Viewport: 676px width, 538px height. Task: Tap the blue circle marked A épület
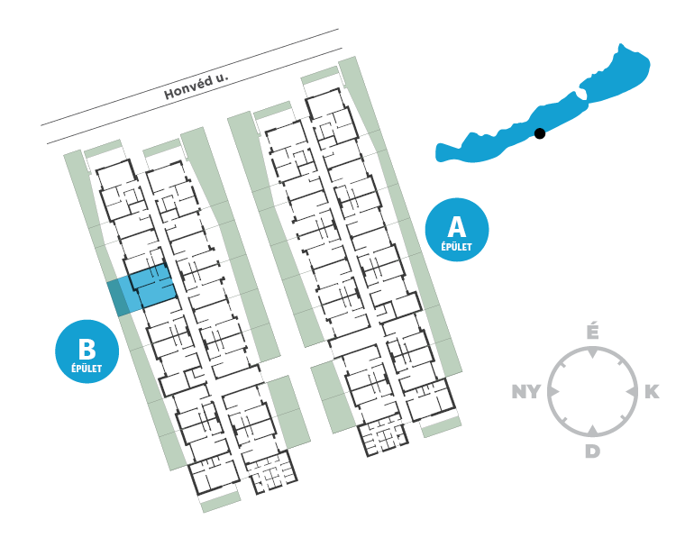click(456, 229)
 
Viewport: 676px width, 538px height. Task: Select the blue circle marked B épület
click(87, 351)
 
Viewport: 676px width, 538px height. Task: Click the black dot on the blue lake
click(540, 133)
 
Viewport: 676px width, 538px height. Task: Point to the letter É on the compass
click(592, 332)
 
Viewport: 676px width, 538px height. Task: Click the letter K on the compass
click(652, 391)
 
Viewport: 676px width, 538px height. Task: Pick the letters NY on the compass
click(526, 391)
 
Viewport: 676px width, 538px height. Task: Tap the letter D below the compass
click(592, 451)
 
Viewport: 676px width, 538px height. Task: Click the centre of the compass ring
click(592, 391)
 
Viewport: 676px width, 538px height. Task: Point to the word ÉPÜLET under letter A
click(456, 246)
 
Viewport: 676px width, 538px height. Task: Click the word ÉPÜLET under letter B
click(87, 369)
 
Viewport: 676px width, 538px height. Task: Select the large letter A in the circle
click(456, 224)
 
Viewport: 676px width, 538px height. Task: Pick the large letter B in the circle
click(87, 348)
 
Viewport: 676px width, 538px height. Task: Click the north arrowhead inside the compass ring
click(592, 353)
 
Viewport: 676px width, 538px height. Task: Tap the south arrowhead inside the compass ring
click(592, 430)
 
